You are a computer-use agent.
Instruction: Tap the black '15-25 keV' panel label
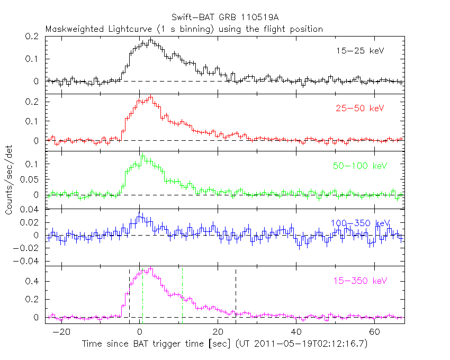click(359, 51)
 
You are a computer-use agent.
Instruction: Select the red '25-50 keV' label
click(359, 109)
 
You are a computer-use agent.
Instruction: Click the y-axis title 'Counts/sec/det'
click(9, 180)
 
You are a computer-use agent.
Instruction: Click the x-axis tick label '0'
click(140, 332)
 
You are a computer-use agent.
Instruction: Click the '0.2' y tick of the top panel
click(33, 37)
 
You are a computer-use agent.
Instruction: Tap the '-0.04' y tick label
click(28, 261)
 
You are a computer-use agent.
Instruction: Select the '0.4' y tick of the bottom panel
click(33, 282)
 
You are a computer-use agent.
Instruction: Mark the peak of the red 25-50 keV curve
click(151, 96)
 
